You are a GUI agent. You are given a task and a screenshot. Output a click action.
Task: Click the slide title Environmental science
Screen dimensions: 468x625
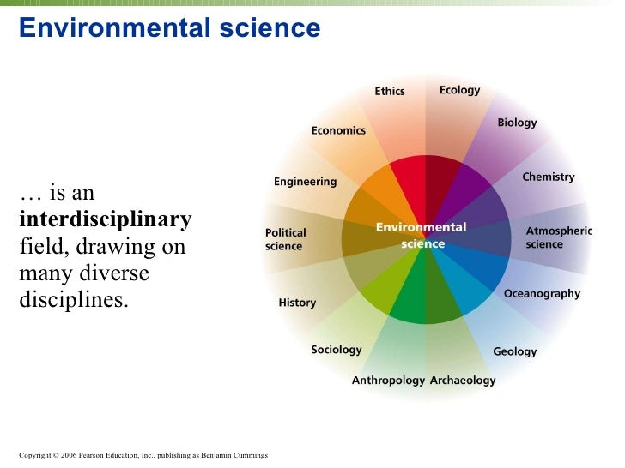169,29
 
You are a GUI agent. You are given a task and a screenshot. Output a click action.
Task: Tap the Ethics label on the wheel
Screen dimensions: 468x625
389,91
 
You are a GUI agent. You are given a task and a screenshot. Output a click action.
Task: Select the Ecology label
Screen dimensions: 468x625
459,90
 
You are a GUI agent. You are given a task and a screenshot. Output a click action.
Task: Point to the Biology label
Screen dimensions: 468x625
517,123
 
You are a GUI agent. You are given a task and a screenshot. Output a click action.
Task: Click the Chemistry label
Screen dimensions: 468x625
548,177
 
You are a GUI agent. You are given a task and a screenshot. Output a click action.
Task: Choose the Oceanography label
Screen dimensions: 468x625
542,293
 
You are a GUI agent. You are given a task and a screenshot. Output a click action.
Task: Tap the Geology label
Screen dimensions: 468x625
514,351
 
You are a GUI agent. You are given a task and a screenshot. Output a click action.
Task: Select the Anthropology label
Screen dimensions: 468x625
388,380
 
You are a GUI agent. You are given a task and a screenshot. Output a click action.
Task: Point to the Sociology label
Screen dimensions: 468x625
336,350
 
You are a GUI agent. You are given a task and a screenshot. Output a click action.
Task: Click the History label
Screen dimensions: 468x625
297,303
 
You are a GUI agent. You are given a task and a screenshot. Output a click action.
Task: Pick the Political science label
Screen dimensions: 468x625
285,239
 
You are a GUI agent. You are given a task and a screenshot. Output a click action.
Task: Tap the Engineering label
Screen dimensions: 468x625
305,182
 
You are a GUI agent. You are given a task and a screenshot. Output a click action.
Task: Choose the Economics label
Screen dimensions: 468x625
337,131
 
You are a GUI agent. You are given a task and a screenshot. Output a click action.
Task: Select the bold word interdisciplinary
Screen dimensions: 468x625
105,220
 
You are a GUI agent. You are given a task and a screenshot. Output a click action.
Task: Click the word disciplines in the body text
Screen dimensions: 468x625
73,301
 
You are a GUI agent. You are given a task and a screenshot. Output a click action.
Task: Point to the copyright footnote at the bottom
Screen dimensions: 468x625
143,454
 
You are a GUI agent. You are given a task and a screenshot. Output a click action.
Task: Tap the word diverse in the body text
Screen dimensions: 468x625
116,274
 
